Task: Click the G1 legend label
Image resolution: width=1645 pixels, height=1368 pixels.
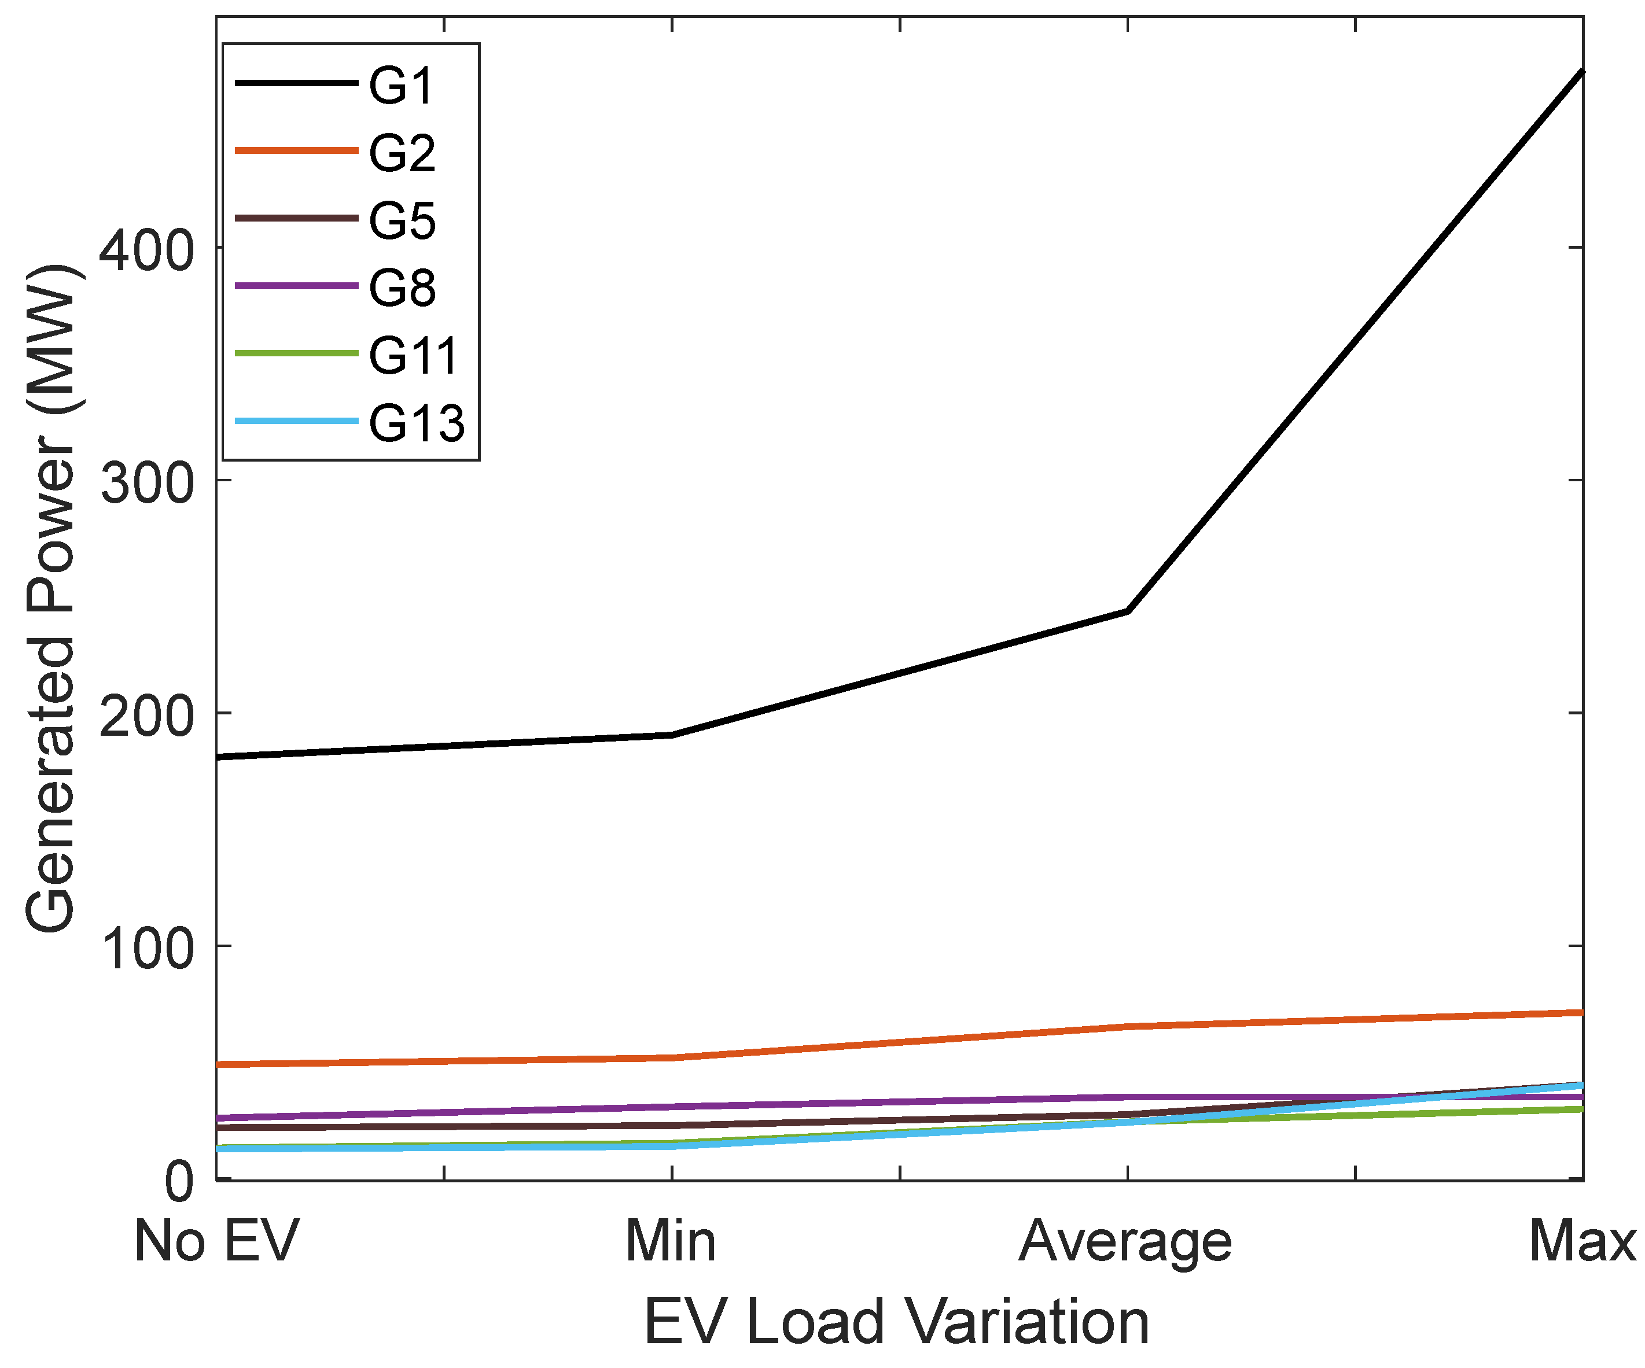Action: click(x=401, y=86)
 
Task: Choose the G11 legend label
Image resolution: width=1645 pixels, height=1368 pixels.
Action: click(x=413, y=356)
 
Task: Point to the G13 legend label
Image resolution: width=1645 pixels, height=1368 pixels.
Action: click(x=416, y=423)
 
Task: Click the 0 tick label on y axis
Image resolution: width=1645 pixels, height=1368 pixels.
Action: click(x=179, y=1182)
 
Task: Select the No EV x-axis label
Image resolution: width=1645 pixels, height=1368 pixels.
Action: click(x=216, y=1242)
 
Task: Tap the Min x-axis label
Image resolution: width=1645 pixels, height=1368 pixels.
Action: click(x=671, y=1242)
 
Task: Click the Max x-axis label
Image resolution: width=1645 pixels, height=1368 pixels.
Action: click(x=1581, y=1242)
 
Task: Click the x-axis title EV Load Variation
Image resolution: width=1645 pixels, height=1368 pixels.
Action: click(x=896, y=1322)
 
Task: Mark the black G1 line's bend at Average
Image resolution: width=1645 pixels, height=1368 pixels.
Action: click(x=1127, y=611)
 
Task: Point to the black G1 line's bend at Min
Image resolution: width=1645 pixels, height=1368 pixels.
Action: click(x=671, y=735)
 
